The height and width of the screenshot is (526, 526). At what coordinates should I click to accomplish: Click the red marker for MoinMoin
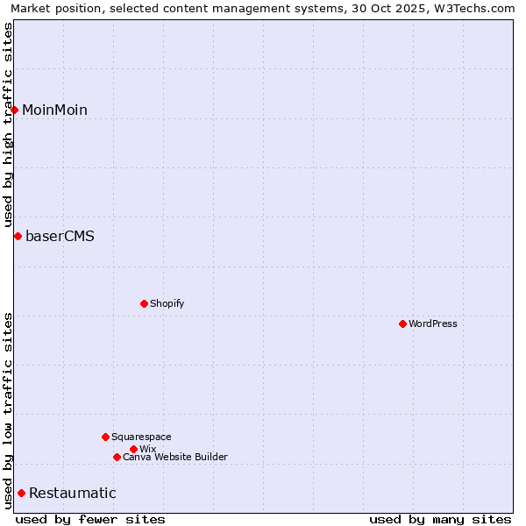point(15,110)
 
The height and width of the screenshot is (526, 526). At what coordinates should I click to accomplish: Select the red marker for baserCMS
point(18,236)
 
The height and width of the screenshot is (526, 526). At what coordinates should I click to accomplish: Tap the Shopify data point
point(144,303)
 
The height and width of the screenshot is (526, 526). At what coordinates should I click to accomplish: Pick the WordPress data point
point(402,323)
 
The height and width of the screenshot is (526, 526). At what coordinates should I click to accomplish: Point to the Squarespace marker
point(105,437)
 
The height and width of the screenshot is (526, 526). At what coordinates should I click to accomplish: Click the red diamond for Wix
point(133,449)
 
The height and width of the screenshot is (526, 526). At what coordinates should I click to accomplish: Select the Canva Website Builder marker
point(117,457)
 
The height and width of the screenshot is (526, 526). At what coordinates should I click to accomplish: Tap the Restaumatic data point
point(21,493)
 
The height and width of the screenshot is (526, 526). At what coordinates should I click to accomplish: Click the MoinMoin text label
point(54,110)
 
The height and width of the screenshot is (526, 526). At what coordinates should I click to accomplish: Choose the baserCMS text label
point(60,236)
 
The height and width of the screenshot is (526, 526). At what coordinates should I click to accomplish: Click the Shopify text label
point(167,303)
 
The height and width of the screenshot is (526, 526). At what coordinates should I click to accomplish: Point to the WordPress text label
point(433,323)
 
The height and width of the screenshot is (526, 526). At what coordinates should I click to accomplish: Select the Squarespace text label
point(141,437)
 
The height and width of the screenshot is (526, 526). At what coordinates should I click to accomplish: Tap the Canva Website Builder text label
point(175,457)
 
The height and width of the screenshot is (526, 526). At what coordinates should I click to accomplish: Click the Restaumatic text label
point(72,493)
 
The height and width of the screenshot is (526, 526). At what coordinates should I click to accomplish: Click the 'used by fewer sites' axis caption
point(90,519)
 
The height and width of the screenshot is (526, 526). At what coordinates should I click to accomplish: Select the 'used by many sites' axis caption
point(440,519)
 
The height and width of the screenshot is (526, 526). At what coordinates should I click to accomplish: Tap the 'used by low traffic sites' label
point(9,410)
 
